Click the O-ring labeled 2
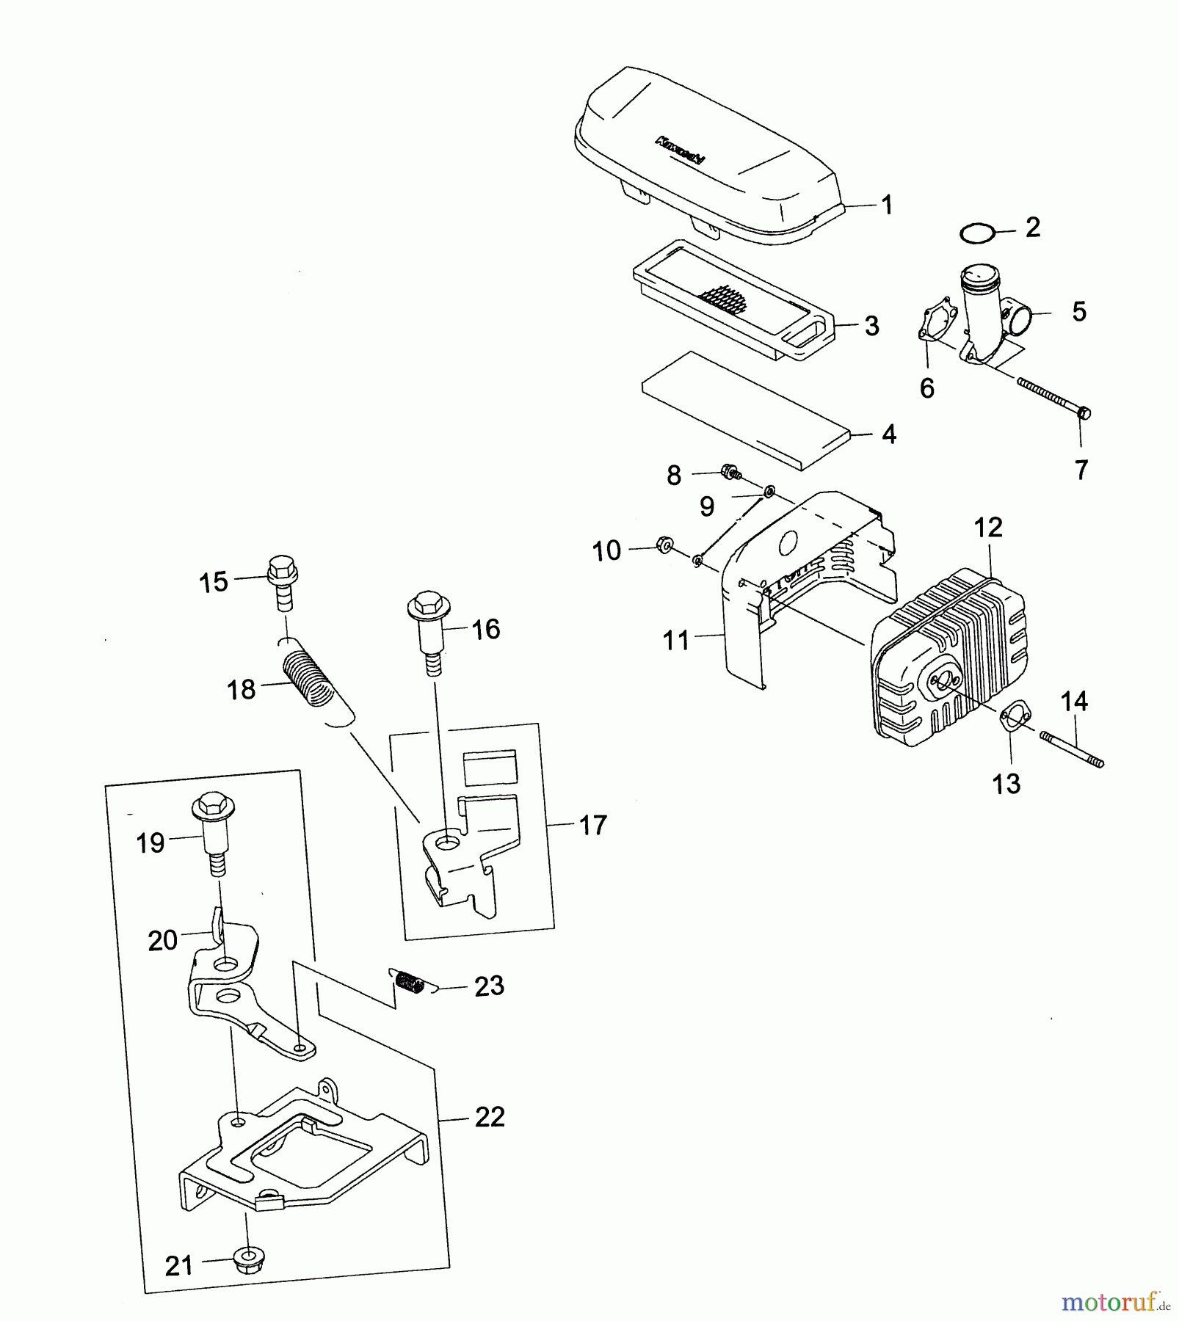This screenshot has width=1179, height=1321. [x=977, y=234]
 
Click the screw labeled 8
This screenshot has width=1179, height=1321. [x=730, y=471]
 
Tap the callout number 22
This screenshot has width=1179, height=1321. [x=489, y=1117]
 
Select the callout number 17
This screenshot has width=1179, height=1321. [x=593, y=825]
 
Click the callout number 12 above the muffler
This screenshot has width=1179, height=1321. [x=988, y=527]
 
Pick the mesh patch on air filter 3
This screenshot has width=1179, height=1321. [x=723, y=299]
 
